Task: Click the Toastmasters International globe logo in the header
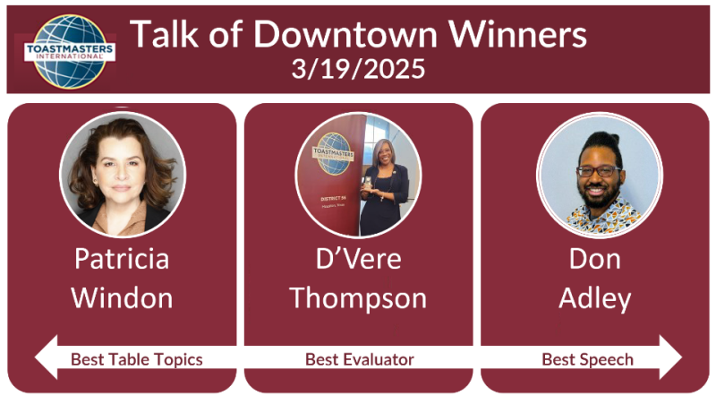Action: (x=70, y=51)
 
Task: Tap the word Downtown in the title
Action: (x=345, y=34)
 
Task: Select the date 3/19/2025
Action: (x=359, y=69)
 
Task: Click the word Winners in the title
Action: (x=517, y=34)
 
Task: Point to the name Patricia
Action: (x=122, y=259)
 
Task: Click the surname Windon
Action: (x=122, y=298)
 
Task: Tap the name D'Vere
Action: (x=359, y=259)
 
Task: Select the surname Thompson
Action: (x=359, y=299)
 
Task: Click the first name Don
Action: (x=595, y=259)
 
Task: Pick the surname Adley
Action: (x=595, y=299)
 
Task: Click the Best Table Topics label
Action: (x=137, y=360)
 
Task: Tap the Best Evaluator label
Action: (x=360, y=360)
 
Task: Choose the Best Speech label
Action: (x=588, y=360)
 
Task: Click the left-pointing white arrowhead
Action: (x=47, y=357)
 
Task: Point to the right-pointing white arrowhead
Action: (x=670, y=357)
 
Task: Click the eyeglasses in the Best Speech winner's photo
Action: (x=599, y=171)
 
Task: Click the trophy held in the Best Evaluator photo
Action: (x=368, y=183)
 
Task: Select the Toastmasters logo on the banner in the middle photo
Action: (x=333, y=154)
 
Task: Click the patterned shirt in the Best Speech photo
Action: (x=602, y=216)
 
